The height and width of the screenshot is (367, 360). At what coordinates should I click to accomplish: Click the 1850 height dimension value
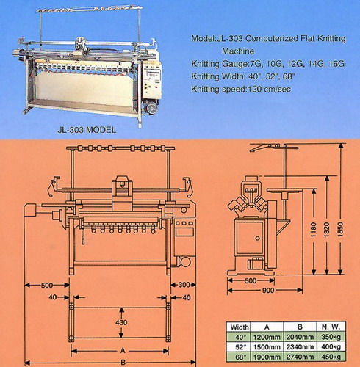coord(340,230)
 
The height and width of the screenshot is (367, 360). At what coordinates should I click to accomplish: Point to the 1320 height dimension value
coord(326,230)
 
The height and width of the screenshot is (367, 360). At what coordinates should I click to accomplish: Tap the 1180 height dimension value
coord(313,230)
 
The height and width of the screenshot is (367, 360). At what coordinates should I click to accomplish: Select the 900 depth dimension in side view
coord(268,291)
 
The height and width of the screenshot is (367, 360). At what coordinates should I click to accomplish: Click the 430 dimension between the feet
coord(121,322)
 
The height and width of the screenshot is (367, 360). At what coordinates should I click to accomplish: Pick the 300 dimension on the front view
coord(184,285)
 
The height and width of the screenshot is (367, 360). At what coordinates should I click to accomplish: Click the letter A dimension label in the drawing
coord(123,351)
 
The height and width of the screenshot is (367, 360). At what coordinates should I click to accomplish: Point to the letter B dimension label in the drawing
coord(123,363)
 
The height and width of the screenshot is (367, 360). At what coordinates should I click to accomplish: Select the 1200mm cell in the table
coord(267,337)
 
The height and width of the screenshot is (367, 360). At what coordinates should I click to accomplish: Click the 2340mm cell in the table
coord(300,347)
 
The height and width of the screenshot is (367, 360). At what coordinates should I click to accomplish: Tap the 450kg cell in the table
coord(331,357)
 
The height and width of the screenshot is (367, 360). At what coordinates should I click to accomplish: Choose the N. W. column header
coord(331,327)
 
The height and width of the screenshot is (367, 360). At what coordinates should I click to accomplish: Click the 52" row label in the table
coord(240,347)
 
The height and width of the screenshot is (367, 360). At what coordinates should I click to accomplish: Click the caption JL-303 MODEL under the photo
coord(87,130)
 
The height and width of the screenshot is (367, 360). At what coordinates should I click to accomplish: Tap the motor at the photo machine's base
coord(150,107)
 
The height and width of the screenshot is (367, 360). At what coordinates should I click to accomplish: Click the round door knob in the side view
coord(257,238)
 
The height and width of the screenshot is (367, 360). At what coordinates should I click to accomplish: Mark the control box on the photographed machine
coord(154,81)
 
